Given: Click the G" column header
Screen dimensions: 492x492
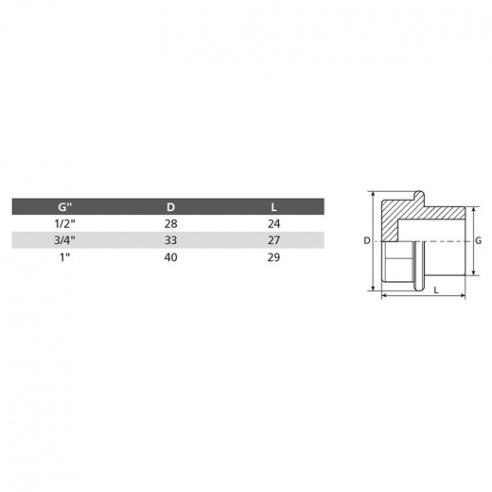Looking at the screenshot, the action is [x=64, y=207].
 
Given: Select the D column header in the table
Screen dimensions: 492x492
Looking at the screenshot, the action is [x=170, y=207].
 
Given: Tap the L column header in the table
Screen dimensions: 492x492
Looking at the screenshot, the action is [x=273, y=207].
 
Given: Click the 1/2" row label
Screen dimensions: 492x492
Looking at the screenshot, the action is [x=64, y=223].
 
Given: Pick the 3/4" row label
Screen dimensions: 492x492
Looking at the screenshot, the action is [x=64, y=240].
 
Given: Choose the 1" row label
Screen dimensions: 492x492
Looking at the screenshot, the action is [x=64, y=257].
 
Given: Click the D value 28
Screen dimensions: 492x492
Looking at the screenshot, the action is [x=170, y=223].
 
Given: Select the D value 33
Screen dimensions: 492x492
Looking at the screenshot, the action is [x=170, y=240].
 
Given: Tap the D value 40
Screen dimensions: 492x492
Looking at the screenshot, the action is [x=170, y=257].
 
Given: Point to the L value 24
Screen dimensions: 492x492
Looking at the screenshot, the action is [x=273, y=223].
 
